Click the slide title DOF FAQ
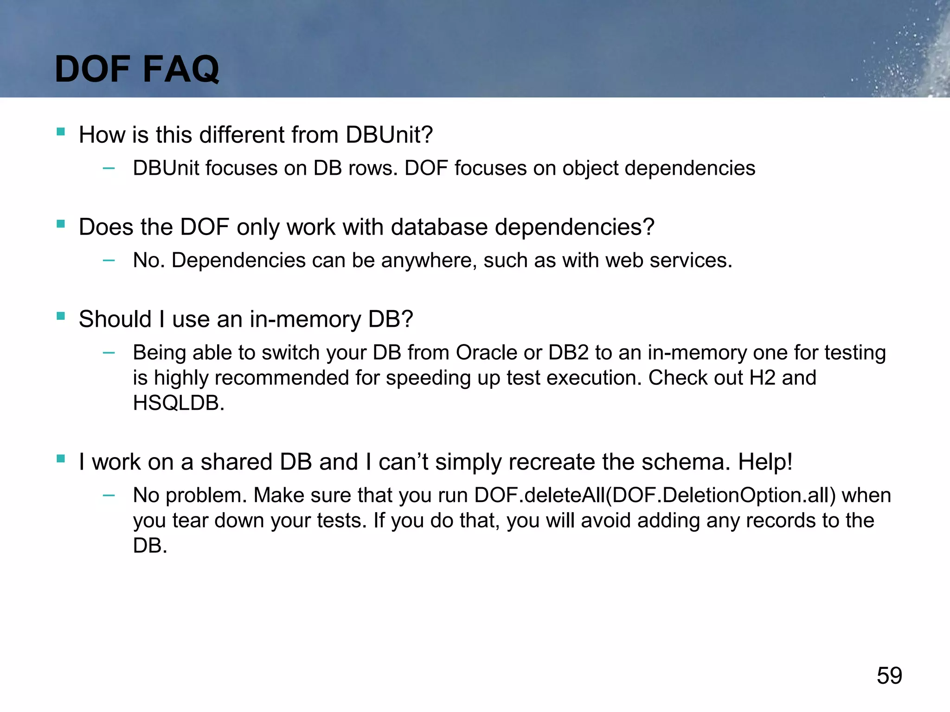tap(137, 69)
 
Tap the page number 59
tap(889, 675)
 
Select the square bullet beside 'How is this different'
tap(61, 132)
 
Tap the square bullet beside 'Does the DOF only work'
tap(61, 224)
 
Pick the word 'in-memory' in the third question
tap(305, 319)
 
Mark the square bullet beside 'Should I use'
tap(61, 316)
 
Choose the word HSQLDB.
tap(179, 403)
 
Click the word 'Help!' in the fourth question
tap(765, 462)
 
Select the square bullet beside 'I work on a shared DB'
tap(61, 459)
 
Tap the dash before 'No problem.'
tap(109, 496)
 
